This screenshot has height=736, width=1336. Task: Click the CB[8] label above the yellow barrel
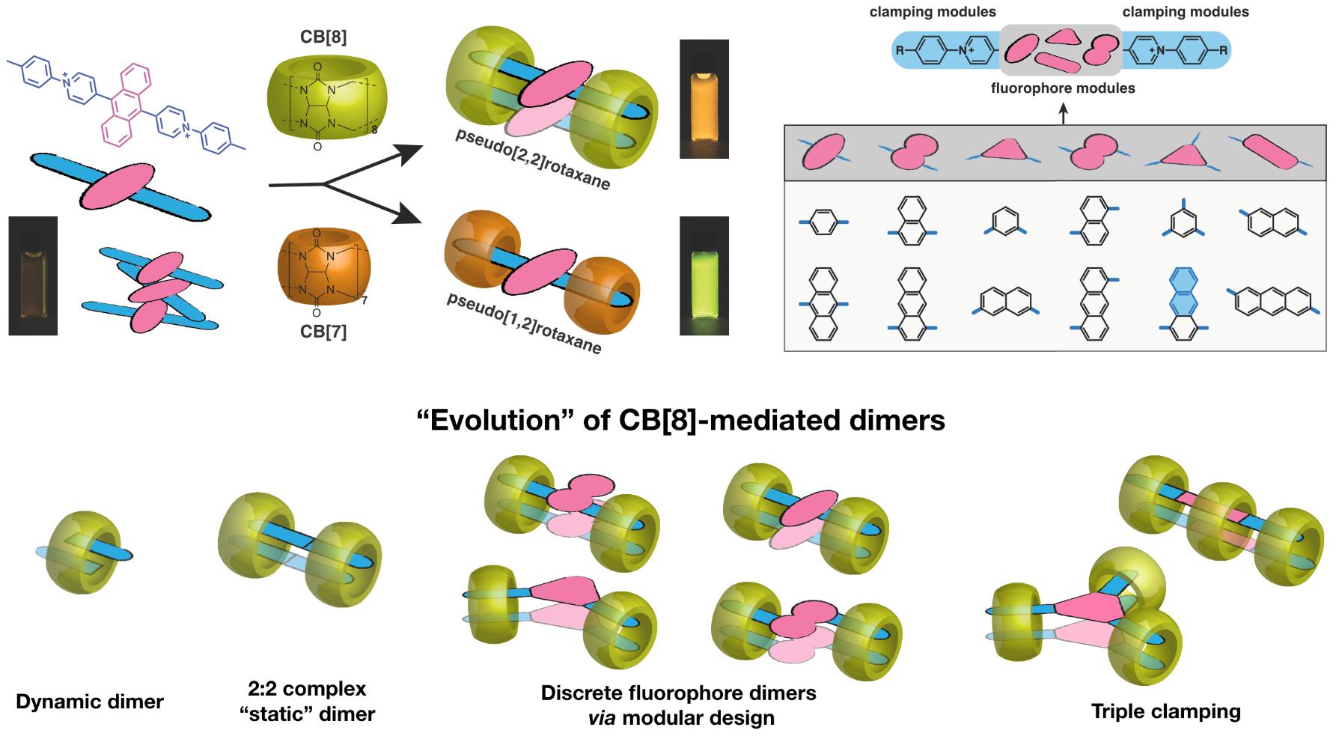[323, 37]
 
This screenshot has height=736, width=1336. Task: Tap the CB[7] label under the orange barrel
[323, 330]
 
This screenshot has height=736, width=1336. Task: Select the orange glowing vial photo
[704, 99]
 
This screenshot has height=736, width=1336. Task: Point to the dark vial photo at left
[33, 276]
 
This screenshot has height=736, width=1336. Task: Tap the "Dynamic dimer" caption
[90, 702]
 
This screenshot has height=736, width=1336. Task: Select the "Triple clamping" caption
[1165, 711]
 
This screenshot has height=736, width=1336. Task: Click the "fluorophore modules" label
[1063, 88]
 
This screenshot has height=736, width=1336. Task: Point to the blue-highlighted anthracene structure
[1183, 303]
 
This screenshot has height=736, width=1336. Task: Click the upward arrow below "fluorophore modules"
[1063, 112]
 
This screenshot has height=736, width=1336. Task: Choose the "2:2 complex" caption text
[307, 688]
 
